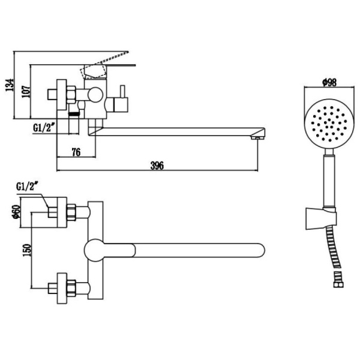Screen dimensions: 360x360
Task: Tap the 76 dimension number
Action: click(76, 152)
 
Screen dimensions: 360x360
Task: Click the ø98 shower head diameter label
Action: click(330, 81)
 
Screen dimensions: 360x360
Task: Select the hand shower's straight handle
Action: click(328, 177)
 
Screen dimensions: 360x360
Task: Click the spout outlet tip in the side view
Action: click(258, 136)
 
